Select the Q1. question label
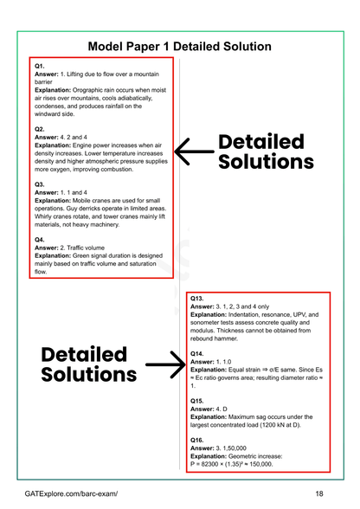(x=40, y=66)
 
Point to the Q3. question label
(x=40, y=184)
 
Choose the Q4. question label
(x=40, y=239)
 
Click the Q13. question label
(x=197, y=298)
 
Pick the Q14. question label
(x=197, y=353)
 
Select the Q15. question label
(x=197, y=400)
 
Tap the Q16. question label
(x=197, y=439)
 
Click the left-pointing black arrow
(x=191, y=152)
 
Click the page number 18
(x=319, y=493)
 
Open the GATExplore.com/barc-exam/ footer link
(x=72, y=493)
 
